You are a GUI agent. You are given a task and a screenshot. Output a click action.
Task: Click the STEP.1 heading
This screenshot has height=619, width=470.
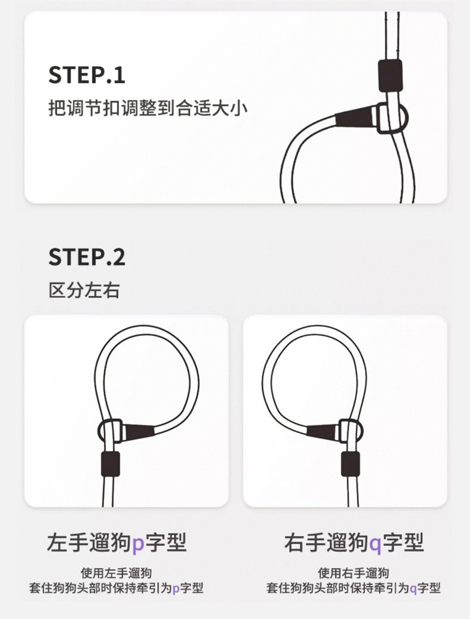[87, 76]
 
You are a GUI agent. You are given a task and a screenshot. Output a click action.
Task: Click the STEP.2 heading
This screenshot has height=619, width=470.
[87, 257]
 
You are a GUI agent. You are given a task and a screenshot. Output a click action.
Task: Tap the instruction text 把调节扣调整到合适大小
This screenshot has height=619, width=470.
[147, 109]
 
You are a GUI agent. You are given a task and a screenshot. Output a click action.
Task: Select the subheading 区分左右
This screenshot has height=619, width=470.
[84, 291]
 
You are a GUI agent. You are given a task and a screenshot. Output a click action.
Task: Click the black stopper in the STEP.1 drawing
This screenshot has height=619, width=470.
[390, 74]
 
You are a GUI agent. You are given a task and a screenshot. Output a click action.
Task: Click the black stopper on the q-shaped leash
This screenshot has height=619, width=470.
[350, 463]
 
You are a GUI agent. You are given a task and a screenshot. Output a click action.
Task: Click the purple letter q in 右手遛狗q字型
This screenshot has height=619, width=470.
[375, 543]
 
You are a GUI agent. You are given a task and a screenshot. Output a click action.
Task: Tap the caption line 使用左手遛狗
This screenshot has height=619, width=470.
[117, 573]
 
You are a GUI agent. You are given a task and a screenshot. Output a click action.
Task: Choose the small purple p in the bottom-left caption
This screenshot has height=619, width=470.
[176, 589]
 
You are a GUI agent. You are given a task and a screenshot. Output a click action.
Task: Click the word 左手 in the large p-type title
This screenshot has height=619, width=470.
[70, 542]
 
